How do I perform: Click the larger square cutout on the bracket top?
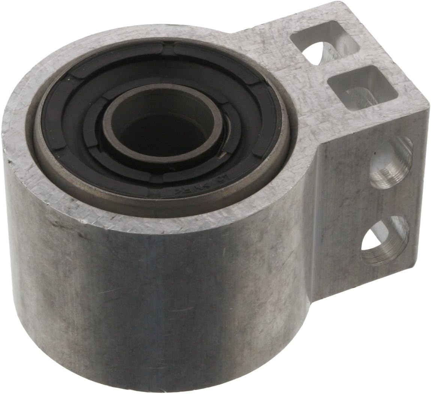point(351,84)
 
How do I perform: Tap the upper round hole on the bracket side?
point(390,161)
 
